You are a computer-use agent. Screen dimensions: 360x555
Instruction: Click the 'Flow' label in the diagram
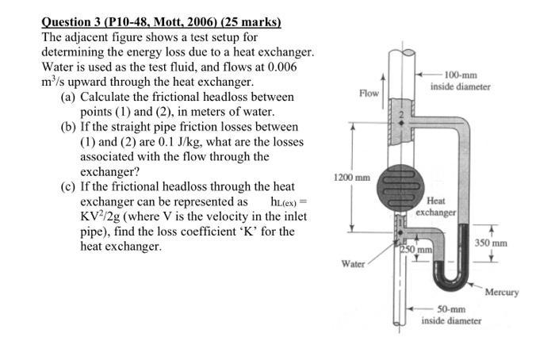coord(369,94)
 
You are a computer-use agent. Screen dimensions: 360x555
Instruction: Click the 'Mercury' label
coord(501,292)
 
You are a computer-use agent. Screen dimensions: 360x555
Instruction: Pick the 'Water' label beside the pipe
coord(353,262)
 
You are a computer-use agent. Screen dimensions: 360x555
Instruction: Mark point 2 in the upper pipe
coord(401,114)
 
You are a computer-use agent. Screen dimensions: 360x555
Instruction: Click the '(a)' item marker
coord(69,97)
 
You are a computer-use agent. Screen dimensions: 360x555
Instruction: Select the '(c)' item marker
coord(69,186)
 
